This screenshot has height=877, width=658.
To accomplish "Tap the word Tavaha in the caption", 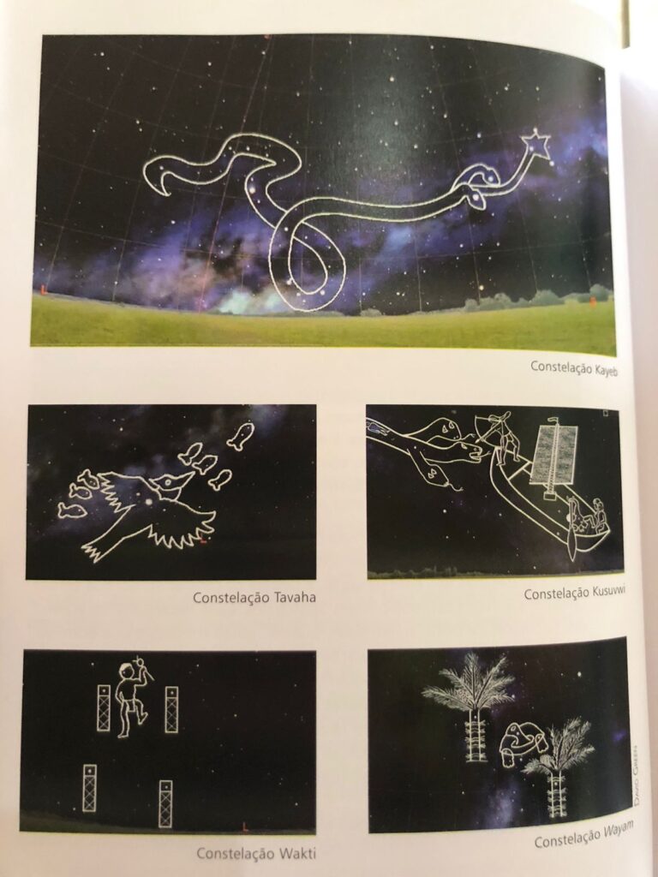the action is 295,597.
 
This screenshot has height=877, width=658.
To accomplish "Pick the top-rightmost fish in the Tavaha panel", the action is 241,435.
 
